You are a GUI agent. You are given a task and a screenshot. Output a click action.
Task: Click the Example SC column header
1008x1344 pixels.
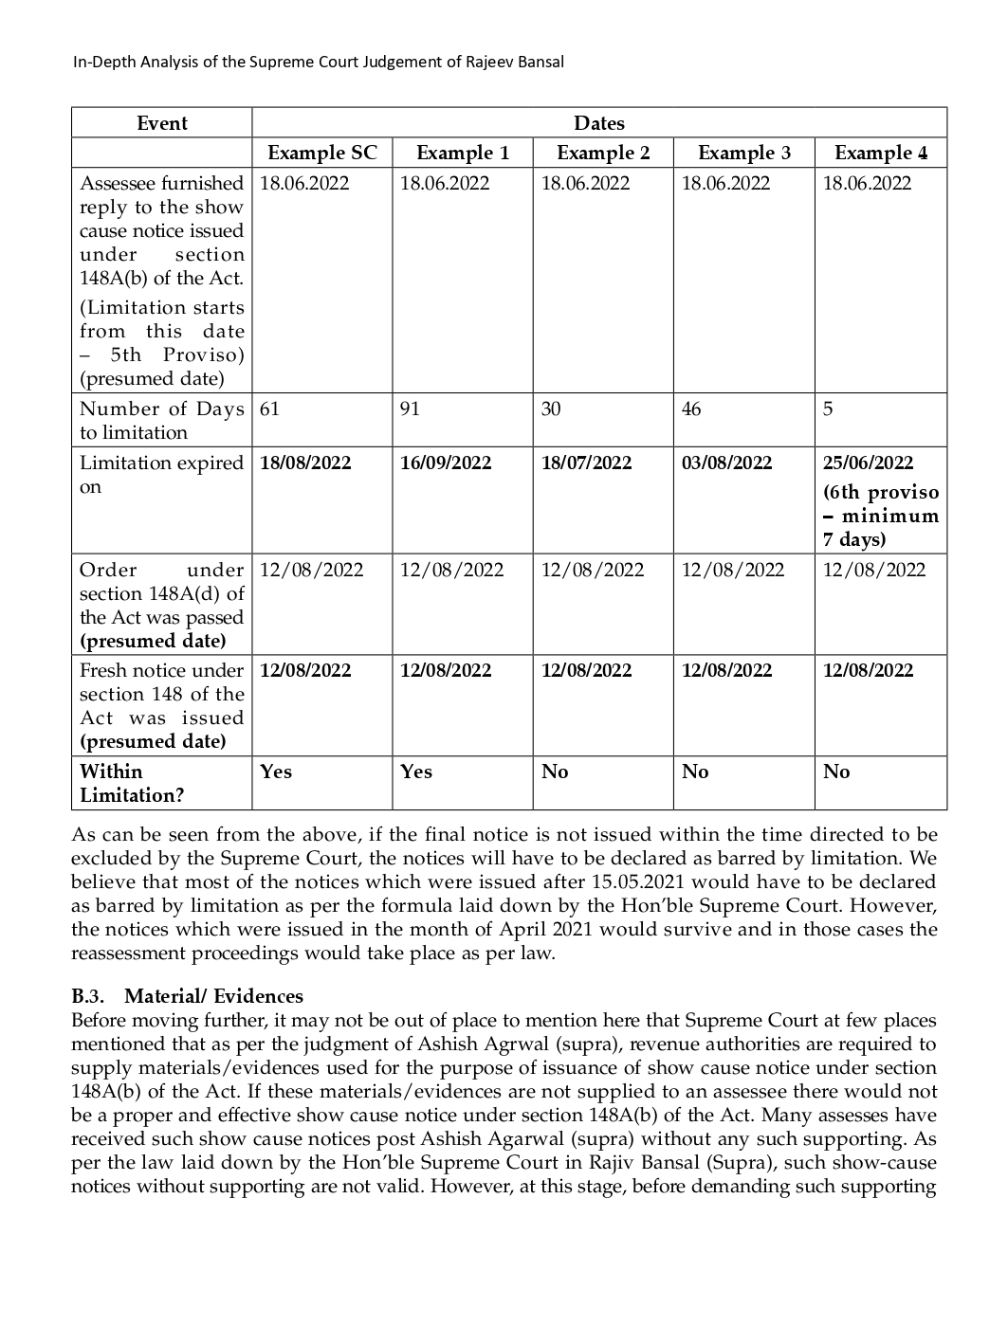tap(321, 154)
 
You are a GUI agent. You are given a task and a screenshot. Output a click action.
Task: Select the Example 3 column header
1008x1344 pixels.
tap(743, 154)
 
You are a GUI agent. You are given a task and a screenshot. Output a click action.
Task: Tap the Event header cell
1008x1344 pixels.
tap(162, 123)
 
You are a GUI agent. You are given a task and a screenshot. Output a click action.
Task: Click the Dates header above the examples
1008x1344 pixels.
tap(599, 123)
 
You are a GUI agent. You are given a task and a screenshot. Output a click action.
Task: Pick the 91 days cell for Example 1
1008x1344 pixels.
tap(410, 409)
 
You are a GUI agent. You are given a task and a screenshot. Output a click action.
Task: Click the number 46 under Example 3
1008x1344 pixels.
tap(691, 409)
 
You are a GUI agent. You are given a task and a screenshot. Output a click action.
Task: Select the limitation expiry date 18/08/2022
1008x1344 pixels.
tap(305, 463)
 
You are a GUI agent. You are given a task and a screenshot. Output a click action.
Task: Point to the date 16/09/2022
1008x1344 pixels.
tap(446, 463)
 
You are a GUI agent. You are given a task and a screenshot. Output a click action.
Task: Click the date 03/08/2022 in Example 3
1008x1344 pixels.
tap(726, 463)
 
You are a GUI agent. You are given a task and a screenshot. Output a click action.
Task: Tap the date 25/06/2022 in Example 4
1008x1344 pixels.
tap(868, 463)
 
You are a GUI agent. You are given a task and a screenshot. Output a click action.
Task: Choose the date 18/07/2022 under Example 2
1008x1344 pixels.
tap(586, 463)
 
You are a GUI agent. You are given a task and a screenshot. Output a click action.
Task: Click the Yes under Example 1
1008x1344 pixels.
tap(416, 772)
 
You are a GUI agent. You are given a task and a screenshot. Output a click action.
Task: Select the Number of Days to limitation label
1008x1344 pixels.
tap(161, 421)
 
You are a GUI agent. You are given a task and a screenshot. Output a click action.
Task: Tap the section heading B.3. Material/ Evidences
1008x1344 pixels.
tap(187, 996)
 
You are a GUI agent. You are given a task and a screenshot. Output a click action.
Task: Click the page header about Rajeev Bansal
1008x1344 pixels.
tap(319, 63)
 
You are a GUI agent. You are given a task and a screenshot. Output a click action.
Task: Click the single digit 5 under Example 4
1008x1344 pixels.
tap(828, 409)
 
